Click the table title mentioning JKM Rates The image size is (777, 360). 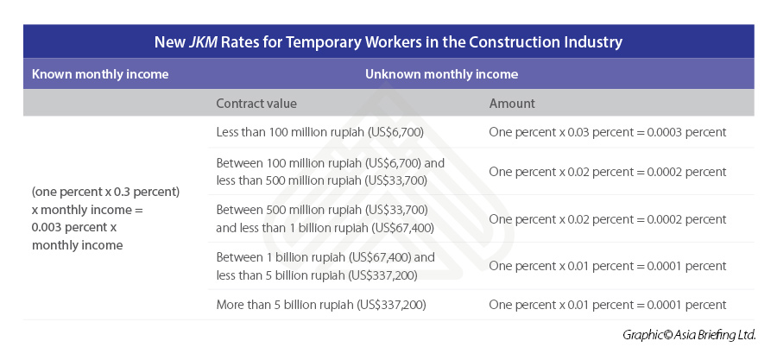388,41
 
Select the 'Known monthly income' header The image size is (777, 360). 100,74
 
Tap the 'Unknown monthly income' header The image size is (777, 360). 441,74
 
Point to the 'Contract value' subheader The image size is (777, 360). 256,104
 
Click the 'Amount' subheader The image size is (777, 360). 512,104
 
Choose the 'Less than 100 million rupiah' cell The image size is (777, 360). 319,132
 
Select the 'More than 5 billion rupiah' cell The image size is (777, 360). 321,305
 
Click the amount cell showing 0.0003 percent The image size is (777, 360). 608,132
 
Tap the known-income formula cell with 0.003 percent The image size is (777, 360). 104,218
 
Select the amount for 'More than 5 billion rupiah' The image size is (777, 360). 608,305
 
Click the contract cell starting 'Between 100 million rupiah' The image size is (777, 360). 330,171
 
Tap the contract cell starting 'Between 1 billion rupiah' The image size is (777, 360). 325,266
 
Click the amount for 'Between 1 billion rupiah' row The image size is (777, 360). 608,266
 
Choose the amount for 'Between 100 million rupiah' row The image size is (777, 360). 608,171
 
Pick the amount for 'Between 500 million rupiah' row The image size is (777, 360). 608,219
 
